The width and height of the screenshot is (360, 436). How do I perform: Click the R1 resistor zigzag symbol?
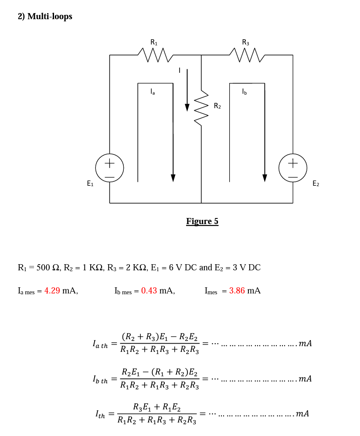tap(155, 55)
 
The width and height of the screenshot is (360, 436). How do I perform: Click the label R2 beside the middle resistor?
tap(217, 106)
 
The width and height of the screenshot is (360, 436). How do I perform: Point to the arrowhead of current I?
tap(187, 107)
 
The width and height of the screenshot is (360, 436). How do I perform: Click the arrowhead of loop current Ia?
tap(173, 178)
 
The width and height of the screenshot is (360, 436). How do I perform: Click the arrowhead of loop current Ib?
tap(265, 178)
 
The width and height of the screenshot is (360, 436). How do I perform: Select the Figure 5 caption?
tap(202, 221)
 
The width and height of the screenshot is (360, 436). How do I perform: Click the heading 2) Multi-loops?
tap(45, 17)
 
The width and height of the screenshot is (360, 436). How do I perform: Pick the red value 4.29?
tap(52, 291)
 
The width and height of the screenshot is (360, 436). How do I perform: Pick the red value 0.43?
tap(149, 291)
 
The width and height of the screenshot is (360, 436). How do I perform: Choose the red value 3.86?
tap(237, 291)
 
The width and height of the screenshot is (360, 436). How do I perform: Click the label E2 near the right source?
tap(316, 184)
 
